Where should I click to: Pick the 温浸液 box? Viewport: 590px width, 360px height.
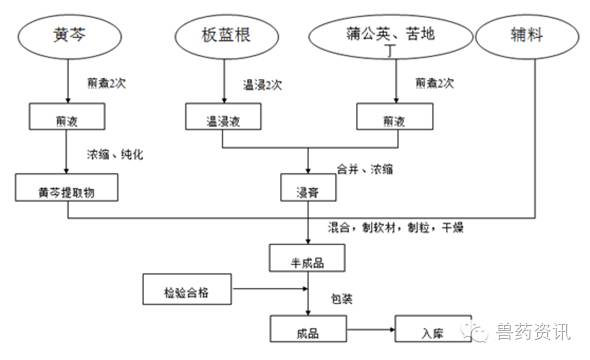(223, 117)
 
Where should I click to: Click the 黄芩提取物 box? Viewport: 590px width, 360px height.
(65, 186)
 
